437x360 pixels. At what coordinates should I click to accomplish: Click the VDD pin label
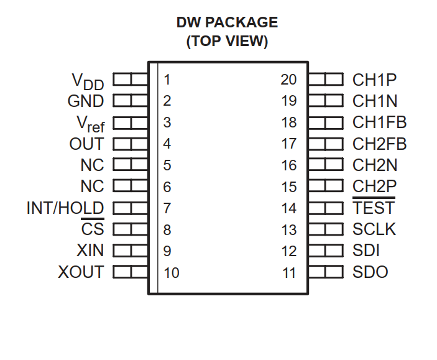click(88, 81)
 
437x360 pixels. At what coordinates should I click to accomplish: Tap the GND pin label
click(86, 101)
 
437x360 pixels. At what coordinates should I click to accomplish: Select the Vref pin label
click(91, 124)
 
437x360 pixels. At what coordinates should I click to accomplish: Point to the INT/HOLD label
click(65, 208)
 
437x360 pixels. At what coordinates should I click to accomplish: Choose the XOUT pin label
click(81, 272)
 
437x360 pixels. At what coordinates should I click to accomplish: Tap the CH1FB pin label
click(380, 122)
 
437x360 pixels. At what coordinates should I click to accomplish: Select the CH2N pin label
click(375, 165)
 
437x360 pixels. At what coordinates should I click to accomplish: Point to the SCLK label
click(374, 229)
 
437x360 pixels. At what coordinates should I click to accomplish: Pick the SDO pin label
click(370, 272)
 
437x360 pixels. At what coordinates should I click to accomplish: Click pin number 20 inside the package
click(288, 80)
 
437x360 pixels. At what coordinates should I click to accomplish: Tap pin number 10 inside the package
click(172, 273)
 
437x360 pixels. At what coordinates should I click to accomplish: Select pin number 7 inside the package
click(167, 208)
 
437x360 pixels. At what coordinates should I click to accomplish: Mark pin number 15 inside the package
click(289, 187)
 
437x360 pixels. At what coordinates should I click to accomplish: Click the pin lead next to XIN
click(131, 251)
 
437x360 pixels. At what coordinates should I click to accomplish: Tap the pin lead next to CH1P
click(326, 79)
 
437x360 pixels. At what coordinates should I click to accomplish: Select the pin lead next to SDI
click(326, 251)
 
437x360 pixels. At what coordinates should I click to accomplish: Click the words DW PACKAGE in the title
click(227, 22)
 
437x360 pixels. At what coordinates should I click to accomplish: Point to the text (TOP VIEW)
click(227, 41)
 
